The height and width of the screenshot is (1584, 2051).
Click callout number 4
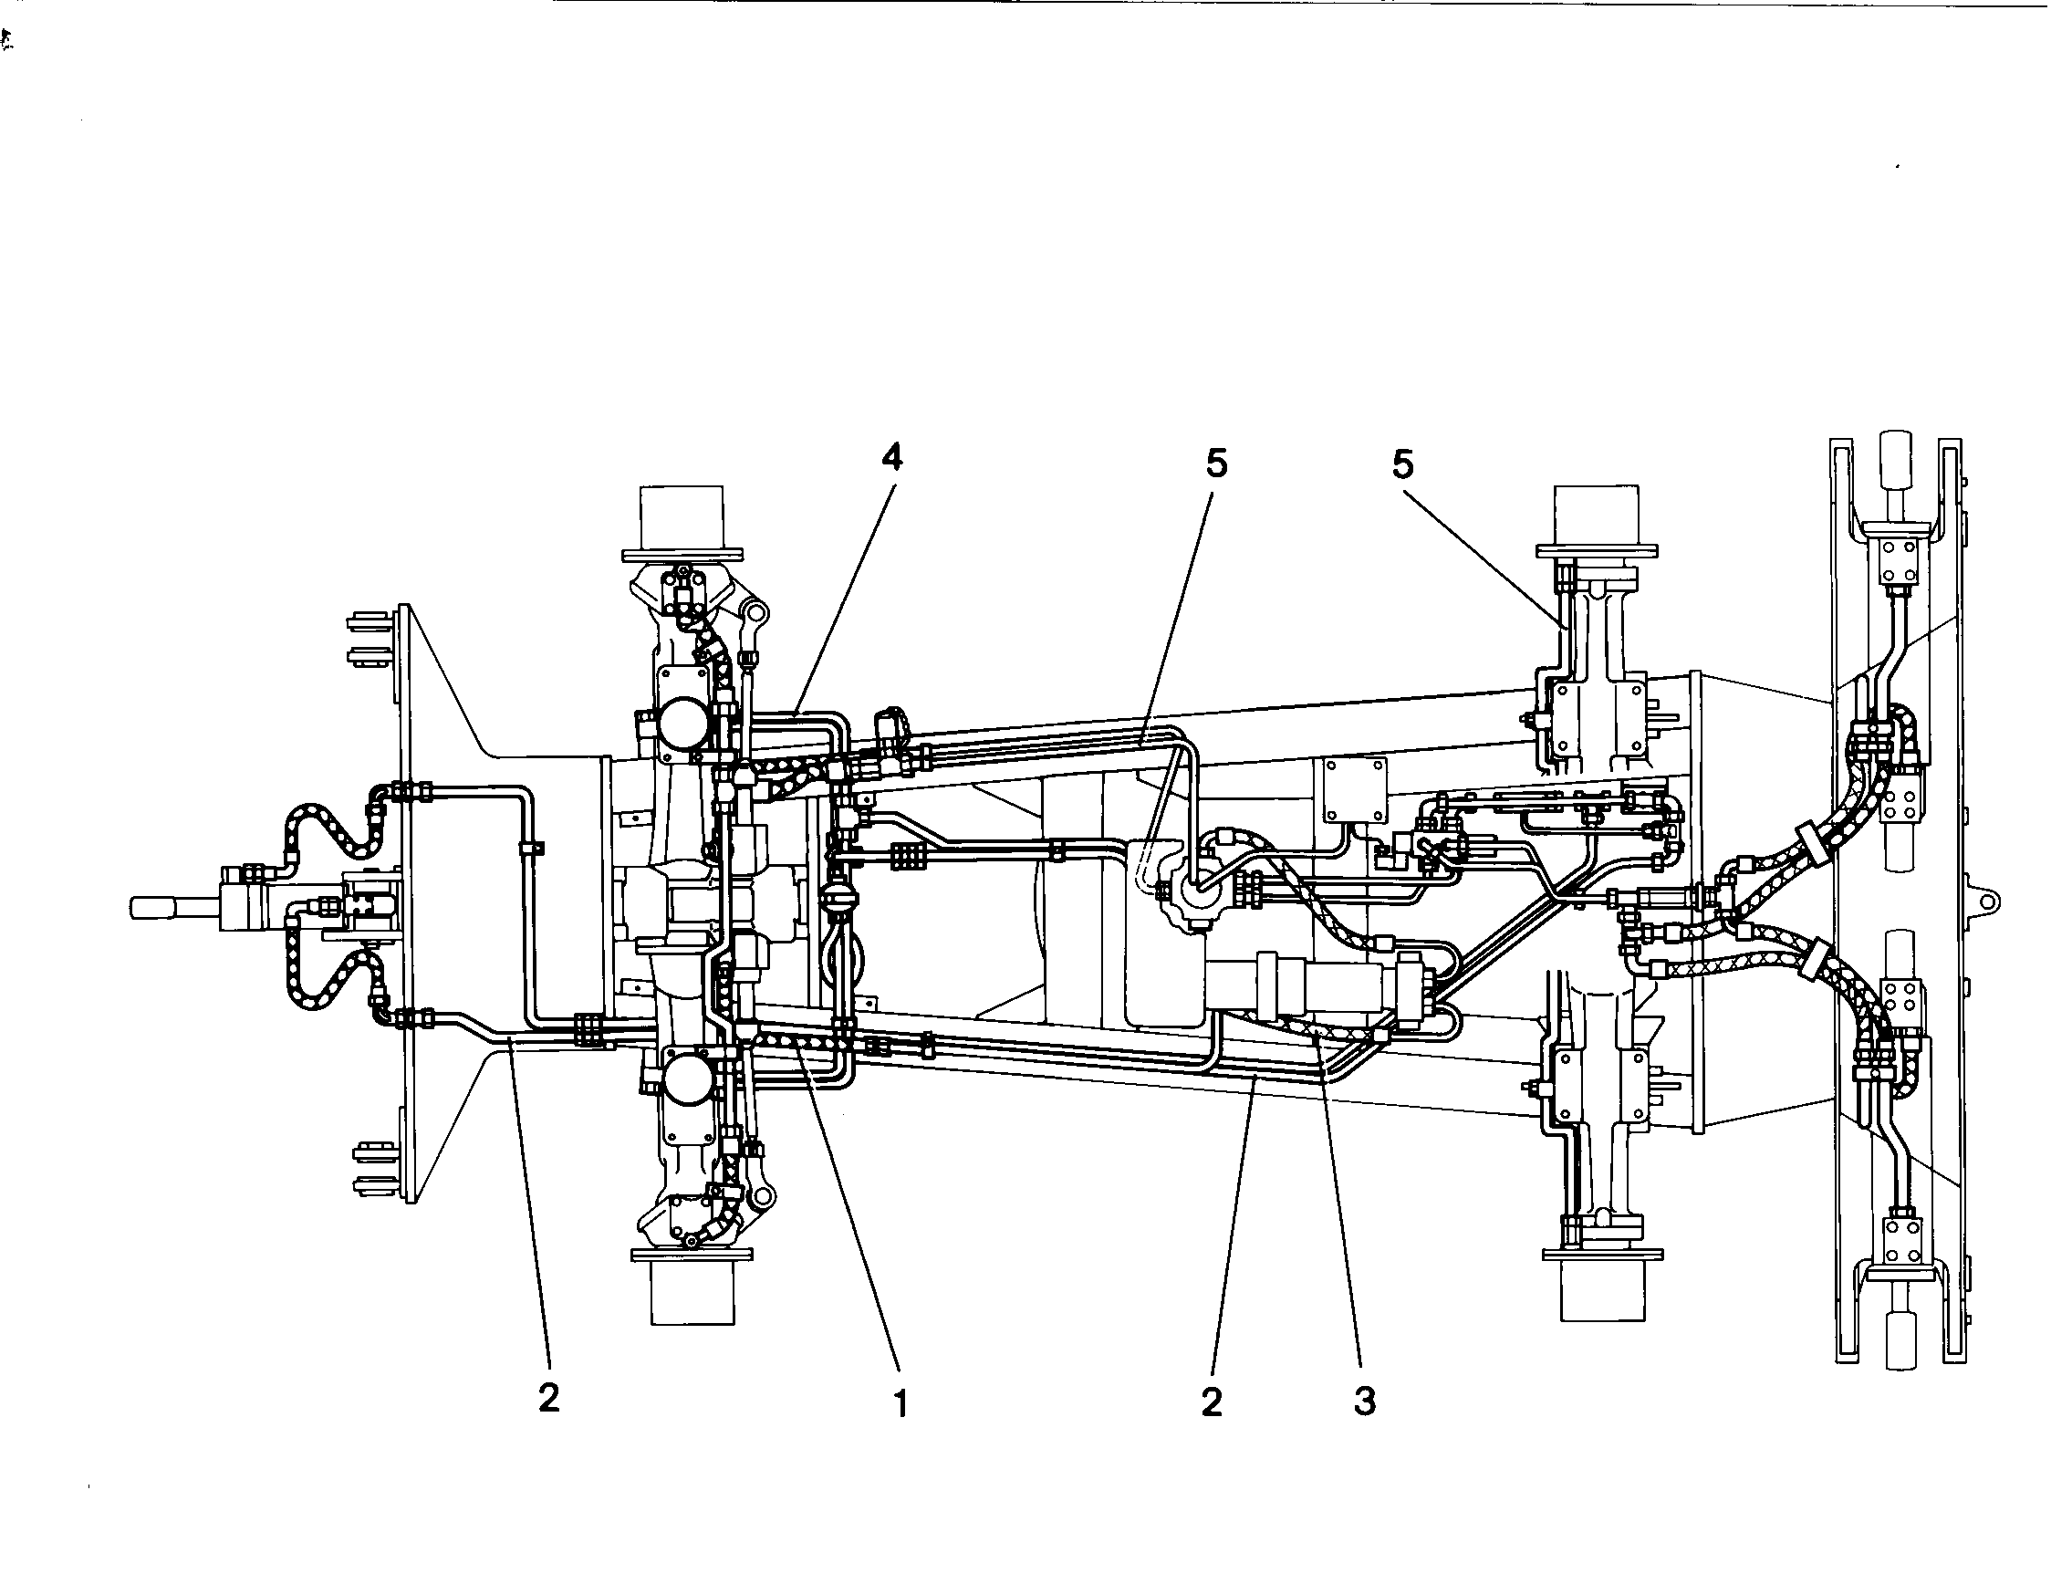pos(891,456)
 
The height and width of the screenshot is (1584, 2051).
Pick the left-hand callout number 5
pos(1216,463)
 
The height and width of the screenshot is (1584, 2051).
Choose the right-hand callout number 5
pos(1403,463)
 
